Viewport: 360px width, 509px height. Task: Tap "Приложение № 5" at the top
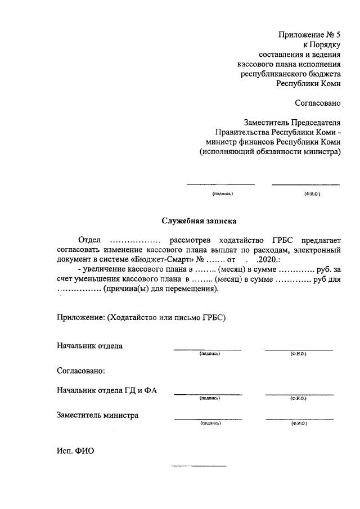click(309, 35)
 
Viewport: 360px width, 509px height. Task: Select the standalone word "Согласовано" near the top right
click(318, 102)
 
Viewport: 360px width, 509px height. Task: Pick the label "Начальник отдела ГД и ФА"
click(107, 390)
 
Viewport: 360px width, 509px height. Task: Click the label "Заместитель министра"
click(97, 415)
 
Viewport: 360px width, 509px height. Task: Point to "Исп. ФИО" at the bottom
click(75, 451)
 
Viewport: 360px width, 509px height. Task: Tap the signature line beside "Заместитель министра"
click(208, 419)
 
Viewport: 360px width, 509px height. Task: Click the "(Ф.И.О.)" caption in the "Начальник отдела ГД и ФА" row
click(298, 398)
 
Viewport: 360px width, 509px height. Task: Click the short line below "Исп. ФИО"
click(199, 466)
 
